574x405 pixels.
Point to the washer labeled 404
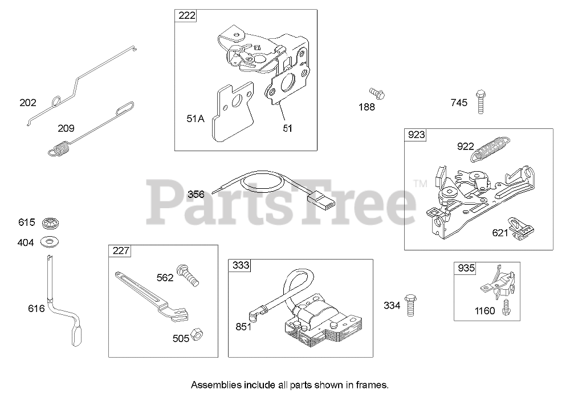[50, 242]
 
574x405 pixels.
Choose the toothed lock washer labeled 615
[50, 222]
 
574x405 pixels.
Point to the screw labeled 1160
[505, 308]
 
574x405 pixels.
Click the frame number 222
[186, 16]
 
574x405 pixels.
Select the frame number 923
[416, 135]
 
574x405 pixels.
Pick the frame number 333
[240, 266]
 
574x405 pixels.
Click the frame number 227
[120, 250]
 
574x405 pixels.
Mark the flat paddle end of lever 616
[77, 335]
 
